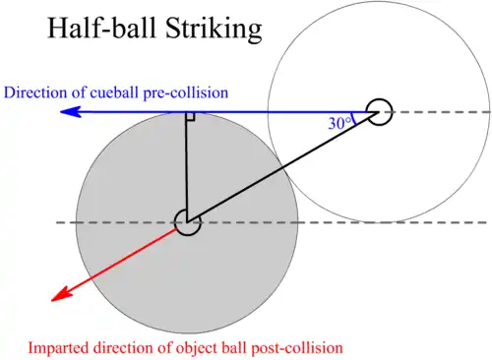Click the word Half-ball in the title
tap(101, 28)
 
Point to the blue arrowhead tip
tap(60, 112)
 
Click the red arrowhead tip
tap(52, 301)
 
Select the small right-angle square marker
tap(190, 117)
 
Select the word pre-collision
tap(186, 93)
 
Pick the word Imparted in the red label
tap(58, 348)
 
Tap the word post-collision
tap(297, 348)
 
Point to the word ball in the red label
tap(235, 347)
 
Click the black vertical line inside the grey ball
tap(186, 167)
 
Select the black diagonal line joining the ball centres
tap(283, 167)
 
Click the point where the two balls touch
tap(283, 167)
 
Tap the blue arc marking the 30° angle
tap(353, 119)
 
